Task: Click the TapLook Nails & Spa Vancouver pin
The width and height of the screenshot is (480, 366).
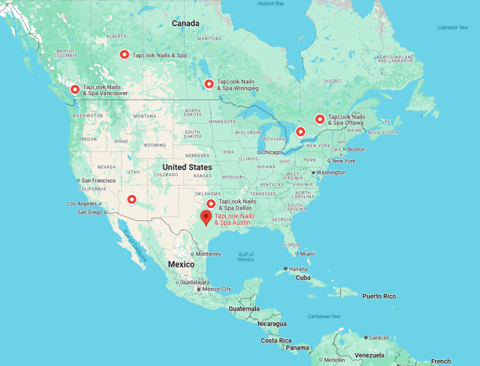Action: coord(75,89)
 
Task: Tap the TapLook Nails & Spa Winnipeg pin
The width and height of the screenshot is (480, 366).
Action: coord(209,84)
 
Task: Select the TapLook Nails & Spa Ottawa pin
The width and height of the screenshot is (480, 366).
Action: coord(319,119)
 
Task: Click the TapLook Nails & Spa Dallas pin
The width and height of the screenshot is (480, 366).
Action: coord(211,204)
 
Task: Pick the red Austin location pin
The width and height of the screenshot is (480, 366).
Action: coord(206,217)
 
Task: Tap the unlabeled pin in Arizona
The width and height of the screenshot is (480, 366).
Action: coord(131,199)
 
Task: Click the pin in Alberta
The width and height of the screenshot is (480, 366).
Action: coord(125,55)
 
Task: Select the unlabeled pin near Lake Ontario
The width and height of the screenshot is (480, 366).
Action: coord(300,131)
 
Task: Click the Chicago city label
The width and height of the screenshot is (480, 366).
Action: coord(271,152)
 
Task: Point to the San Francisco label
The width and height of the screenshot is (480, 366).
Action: coord(99,181)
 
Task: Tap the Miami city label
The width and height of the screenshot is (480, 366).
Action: coord(307,254)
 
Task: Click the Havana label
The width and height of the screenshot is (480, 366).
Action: coord(298,269)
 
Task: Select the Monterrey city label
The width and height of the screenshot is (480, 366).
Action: coord(208,254)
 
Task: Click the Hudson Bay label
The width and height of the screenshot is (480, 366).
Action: coord(271,3)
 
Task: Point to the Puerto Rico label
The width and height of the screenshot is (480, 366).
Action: coord(379,296)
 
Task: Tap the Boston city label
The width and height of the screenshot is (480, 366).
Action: coord(356,149)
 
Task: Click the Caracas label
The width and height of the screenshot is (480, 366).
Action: coord(378,338)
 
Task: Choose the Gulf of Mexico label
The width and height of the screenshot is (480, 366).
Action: coord(246,257)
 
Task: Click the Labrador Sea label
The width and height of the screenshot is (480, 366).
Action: coord(453,27)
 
